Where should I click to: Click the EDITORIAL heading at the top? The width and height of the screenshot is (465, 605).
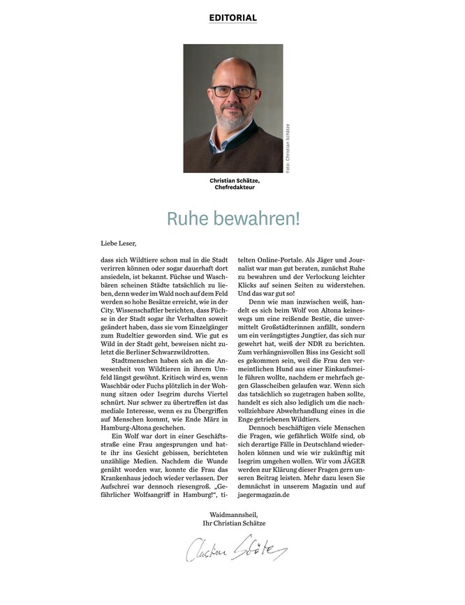click(x=233, y=17)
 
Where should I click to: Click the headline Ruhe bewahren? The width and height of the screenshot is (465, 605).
click(x=232, y=218)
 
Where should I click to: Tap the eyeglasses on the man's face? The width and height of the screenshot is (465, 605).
click(x=232, y=91)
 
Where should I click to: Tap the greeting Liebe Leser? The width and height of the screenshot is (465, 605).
click(x=119, y=244)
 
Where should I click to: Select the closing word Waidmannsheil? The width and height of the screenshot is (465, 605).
click(x=233, y=514)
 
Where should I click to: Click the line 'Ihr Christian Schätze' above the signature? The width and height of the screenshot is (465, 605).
click(x=233, y=523)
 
